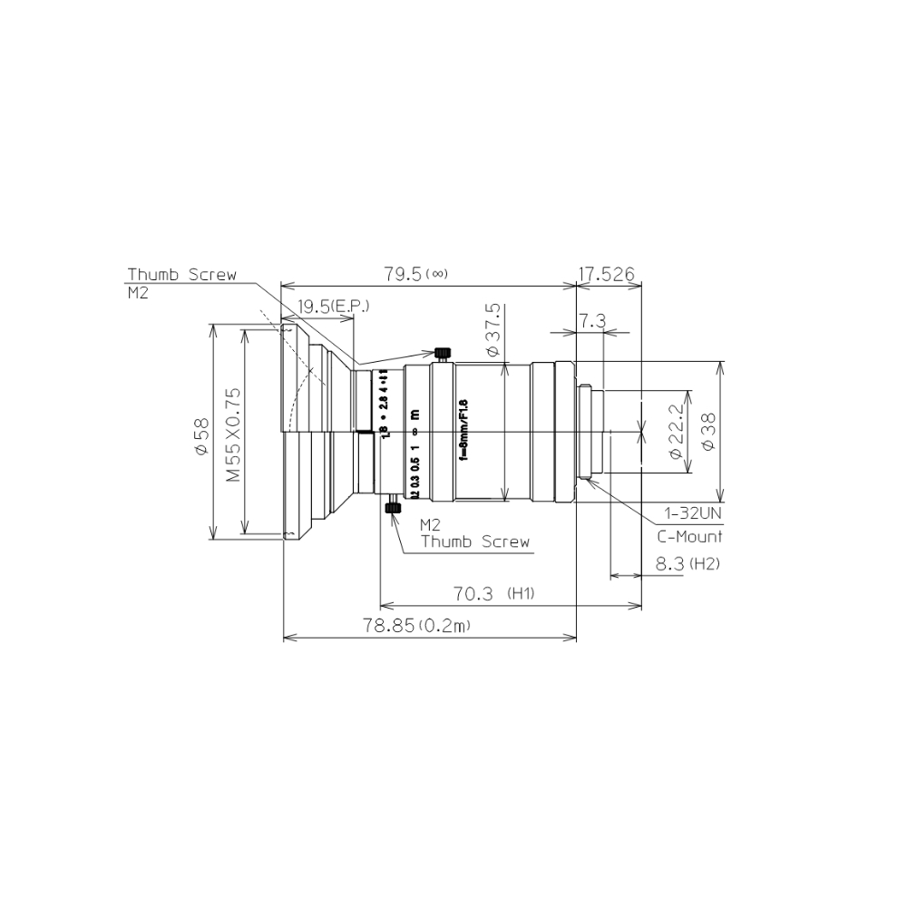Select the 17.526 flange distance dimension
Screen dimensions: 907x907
(x=610, y=274)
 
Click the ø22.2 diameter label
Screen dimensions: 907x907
(x=675, y=432)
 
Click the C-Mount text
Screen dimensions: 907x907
(x=689, y=536)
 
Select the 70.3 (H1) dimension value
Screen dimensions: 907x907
(x=493, y=594)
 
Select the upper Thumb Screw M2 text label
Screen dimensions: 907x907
(x=180, y=281)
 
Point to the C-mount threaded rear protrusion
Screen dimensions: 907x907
(x=591, y=433)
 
